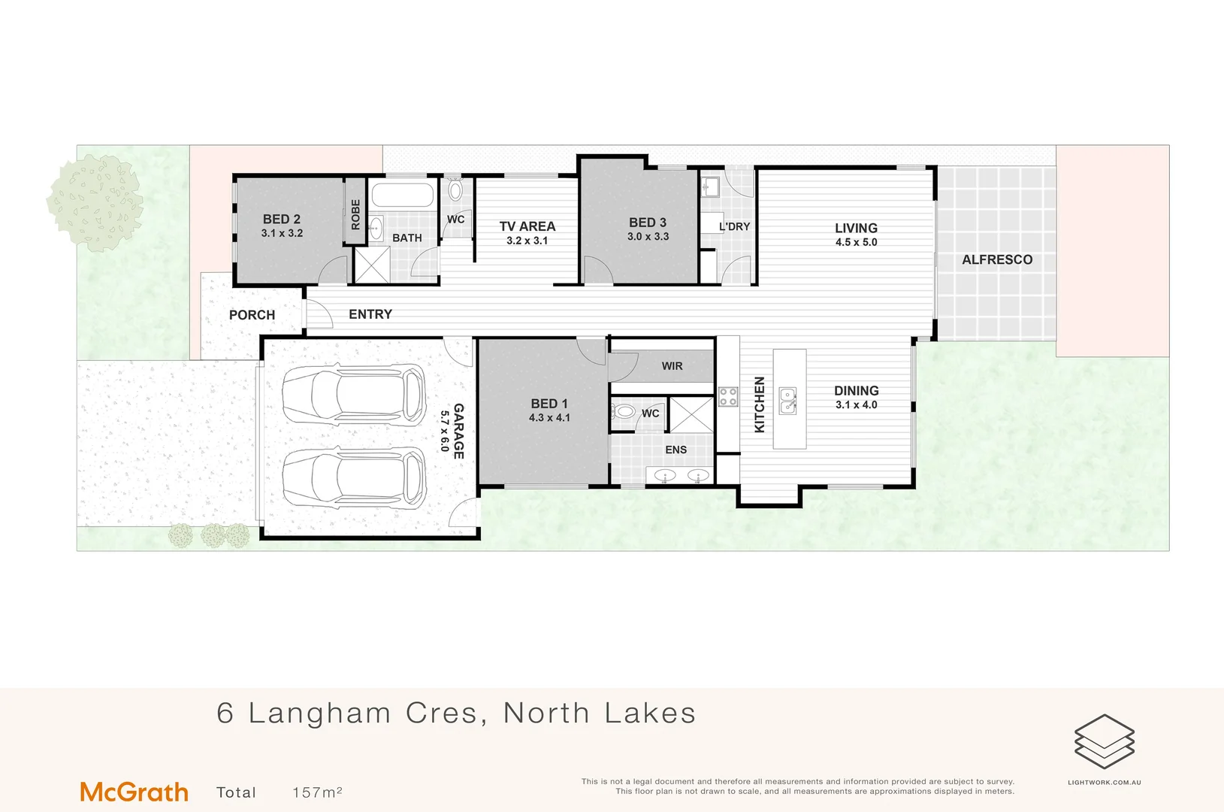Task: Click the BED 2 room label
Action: pyautogui.click(x=282, y=220)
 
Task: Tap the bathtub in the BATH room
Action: pyautogui.click(x=402, y=195)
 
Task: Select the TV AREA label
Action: pyautogui.click(x=527, y=226)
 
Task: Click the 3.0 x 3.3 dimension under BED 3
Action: pyautogui.click(x=648, y=236)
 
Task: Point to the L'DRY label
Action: pyautogui.click(x=734, y=226)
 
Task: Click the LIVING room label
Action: pyautogui.click(x=856, y=228)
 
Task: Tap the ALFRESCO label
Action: pyautogui.click(x=997, y=259)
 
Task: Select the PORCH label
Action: pyautogui.click(x=252, y=315)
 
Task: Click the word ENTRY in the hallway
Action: pyautogui.click(x=370, y=314)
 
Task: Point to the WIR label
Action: pyautogui.click(x=672, y=366)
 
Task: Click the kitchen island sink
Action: pyautogui.click(x=787, y=401)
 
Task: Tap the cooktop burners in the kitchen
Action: pyautogui.click(x=727, y=396)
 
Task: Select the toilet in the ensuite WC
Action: pyautogui.click(x=624, y=412)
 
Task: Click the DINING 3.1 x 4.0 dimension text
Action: pyautogui.click(x=856, y=404)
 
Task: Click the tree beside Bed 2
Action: pyautogui.click(x=95, y=201)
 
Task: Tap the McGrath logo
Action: pyautogui.click(x=134, y=792)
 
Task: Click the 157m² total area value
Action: pyautogui.click(x=317, y=792)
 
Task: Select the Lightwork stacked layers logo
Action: pyautogui.click(x=1104, y=741)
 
